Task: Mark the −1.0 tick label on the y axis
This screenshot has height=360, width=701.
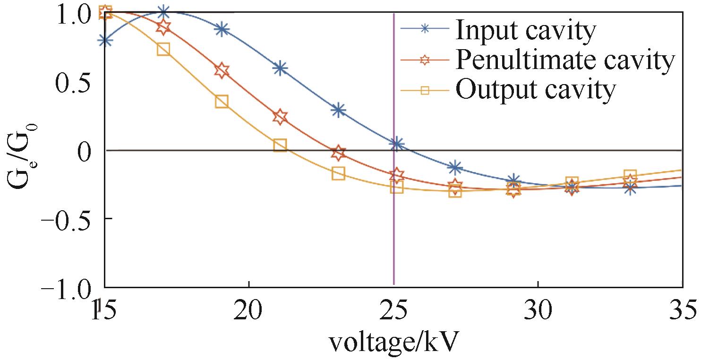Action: click(69, 288)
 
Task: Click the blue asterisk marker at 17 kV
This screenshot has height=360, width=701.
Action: click(163, 12)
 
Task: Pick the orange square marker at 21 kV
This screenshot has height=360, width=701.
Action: click(280, 145)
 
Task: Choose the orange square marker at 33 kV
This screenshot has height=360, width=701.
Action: click(630, 175)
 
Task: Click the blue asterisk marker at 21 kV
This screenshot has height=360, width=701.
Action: click(280, 68)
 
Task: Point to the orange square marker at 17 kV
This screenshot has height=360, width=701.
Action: click(163, 49)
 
